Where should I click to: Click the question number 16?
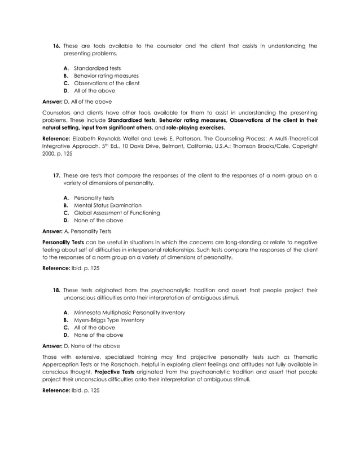point(56,46)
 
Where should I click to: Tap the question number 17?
point(56,175)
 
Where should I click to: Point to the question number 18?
point(56,290)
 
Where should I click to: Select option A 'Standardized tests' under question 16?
point(97,68)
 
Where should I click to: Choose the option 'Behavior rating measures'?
point(106,76)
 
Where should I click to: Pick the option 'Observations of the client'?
point(107,83)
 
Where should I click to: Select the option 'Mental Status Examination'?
point(108,205)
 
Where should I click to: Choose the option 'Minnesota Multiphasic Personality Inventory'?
point(129,313)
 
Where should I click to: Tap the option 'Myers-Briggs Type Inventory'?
point(109,320)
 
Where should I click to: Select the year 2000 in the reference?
point(50,153)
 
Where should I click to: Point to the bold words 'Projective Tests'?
point(95,372)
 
